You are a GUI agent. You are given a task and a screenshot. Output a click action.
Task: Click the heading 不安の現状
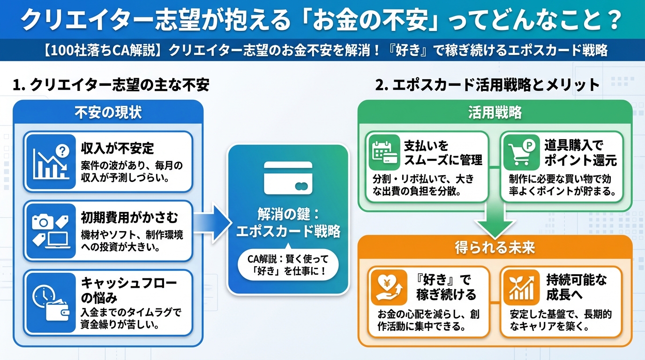pyautogui.click(x=108, y=112)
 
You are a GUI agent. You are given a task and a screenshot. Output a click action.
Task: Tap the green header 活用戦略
pyautogui.click(x=495, y=112)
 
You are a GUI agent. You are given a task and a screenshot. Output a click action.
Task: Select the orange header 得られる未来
pyautogui.click(x=495, y=247)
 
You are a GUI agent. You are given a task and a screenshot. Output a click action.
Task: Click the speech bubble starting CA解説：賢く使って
pyautogui.click(x=288, y=264)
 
